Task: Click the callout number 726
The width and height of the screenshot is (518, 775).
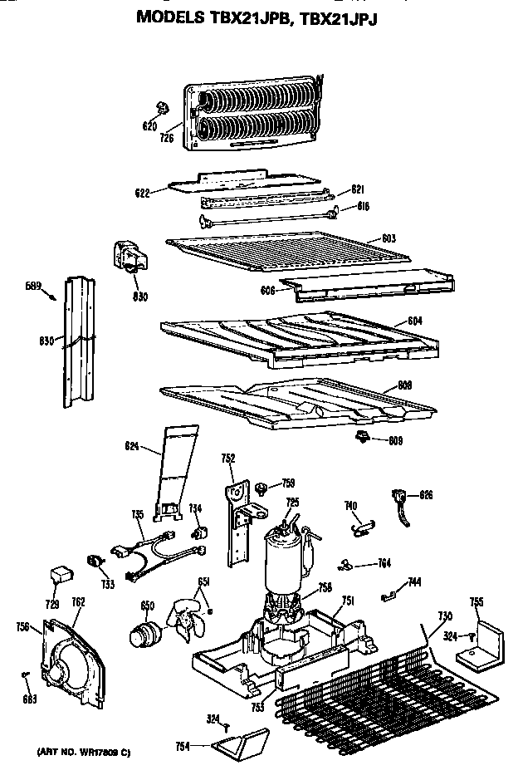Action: tap(168, 138)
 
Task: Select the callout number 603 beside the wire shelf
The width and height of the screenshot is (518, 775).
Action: tap(388, 239)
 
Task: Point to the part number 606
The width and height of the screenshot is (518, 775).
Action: tap(267, 292)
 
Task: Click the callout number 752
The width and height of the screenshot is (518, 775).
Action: tap(228, 457)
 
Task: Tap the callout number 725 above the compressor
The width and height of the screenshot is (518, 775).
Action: tap(292, 503)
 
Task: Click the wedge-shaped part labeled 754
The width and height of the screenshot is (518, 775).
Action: tap(243, 738)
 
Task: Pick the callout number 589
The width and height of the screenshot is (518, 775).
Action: tap(32, 287)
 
